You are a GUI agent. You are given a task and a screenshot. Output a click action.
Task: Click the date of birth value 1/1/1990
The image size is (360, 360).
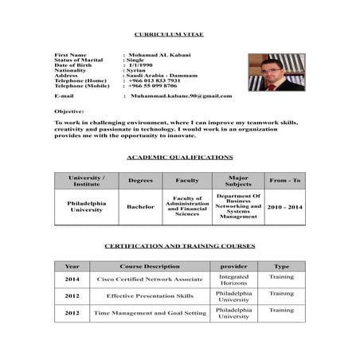[139, 65]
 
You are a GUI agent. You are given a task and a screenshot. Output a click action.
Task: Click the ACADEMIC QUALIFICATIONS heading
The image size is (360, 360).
[180, 158]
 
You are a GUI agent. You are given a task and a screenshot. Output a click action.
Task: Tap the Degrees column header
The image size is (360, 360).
[140, 181]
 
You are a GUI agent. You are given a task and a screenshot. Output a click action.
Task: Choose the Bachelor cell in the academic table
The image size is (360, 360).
[140, 207]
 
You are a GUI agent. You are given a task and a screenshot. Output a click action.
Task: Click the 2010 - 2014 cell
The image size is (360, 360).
[284, 207]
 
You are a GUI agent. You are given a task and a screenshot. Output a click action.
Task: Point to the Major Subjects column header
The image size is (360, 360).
[238, 181]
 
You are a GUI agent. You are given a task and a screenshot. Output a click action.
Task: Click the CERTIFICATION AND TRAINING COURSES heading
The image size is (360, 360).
[180, 247]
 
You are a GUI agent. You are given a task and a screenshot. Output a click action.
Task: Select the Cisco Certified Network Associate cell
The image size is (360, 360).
[149, 280]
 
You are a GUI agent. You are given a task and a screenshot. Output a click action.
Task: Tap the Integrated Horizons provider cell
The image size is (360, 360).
[233, 280]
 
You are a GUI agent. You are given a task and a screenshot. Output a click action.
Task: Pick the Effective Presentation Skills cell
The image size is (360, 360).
[149, 296]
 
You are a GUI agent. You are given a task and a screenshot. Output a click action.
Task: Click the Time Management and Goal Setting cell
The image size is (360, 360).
[149, 313]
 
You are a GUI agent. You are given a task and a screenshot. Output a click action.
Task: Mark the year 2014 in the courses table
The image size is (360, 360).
[72, 280]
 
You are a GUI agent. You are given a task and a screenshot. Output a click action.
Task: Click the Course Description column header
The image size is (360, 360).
[149, 266]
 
